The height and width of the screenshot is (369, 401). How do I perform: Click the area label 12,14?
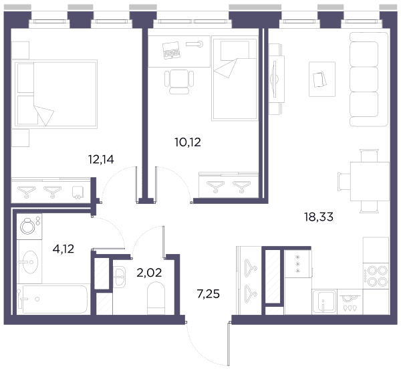(101, 160)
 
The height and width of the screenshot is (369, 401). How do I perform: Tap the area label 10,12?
(188, 142)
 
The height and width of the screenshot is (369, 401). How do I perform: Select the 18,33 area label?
(319, 217)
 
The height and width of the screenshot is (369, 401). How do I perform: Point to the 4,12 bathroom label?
(63, 249)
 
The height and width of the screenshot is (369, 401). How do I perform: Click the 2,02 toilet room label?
(149, 273)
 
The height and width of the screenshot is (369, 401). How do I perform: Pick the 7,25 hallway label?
(208, 294)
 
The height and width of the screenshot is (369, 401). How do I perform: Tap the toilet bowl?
(156, 298)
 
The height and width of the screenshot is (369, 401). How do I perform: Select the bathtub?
(53, 299)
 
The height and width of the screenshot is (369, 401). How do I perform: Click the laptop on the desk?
(171, 50)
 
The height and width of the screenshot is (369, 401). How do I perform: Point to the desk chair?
(179, 82)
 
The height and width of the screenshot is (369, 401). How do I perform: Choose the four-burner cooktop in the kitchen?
(376, 276)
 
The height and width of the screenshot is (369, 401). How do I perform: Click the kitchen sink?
(324, 301)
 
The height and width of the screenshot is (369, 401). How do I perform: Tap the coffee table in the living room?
(322, 80)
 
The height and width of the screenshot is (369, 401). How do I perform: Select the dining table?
(370, 181)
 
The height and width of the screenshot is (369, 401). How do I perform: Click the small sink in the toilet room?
(119, 277)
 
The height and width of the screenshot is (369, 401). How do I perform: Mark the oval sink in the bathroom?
(30, 262)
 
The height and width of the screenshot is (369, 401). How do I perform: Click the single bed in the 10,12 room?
(235, 78)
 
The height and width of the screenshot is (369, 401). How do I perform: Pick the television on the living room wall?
(275, 79)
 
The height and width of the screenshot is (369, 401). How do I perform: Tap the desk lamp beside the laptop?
(194, 44)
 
